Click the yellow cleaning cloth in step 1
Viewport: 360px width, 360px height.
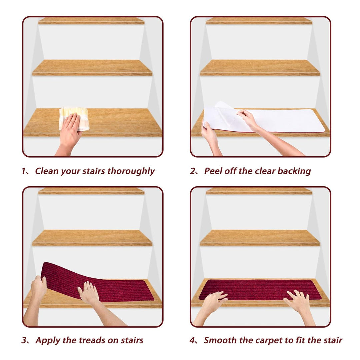click(74, 118)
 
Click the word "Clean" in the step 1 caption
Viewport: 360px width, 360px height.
click(47, 171)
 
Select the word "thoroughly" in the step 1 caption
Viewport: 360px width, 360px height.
click(131, 171)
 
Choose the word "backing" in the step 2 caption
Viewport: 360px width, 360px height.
click(294, 171)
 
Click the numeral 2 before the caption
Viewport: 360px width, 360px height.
click(192, 171)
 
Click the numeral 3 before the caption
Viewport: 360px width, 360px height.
click(24, 340)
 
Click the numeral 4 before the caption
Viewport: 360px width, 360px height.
click(192, 340)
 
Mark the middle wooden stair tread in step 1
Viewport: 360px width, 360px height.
click(92, 67)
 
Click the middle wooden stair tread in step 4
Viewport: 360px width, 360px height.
click(260, 238)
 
